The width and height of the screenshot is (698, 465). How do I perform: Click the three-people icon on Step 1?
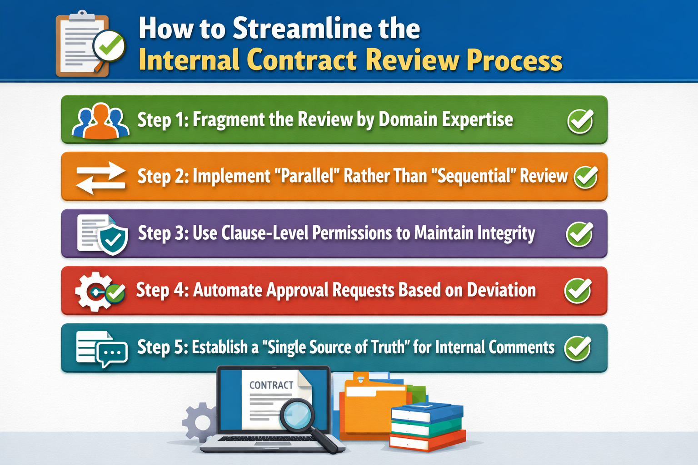click(x=100, y=121)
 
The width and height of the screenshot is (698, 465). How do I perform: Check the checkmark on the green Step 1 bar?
click(x=580, y=121)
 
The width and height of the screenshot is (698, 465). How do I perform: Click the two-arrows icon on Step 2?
click(x=100, y=178)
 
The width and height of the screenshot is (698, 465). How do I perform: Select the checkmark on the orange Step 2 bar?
click(x=586, y=177)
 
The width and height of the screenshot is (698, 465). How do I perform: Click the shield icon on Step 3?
click(x=113, y=238)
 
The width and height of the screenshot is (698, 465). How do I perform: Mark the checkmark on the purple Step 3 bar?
click(x=579, y=234)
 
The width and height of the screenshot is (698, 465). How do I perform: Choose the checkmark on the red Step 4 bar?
click(x=578, y=291)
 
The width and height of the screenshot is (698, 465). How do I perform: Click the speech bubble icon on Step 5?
click(x=112, y=353)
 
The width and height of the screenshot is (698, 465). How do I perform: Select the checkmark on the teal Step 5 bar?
click(x=578, y=348)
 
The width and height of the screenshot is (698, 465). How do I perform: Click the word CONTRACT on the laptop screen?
click(x=271, y=385)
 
